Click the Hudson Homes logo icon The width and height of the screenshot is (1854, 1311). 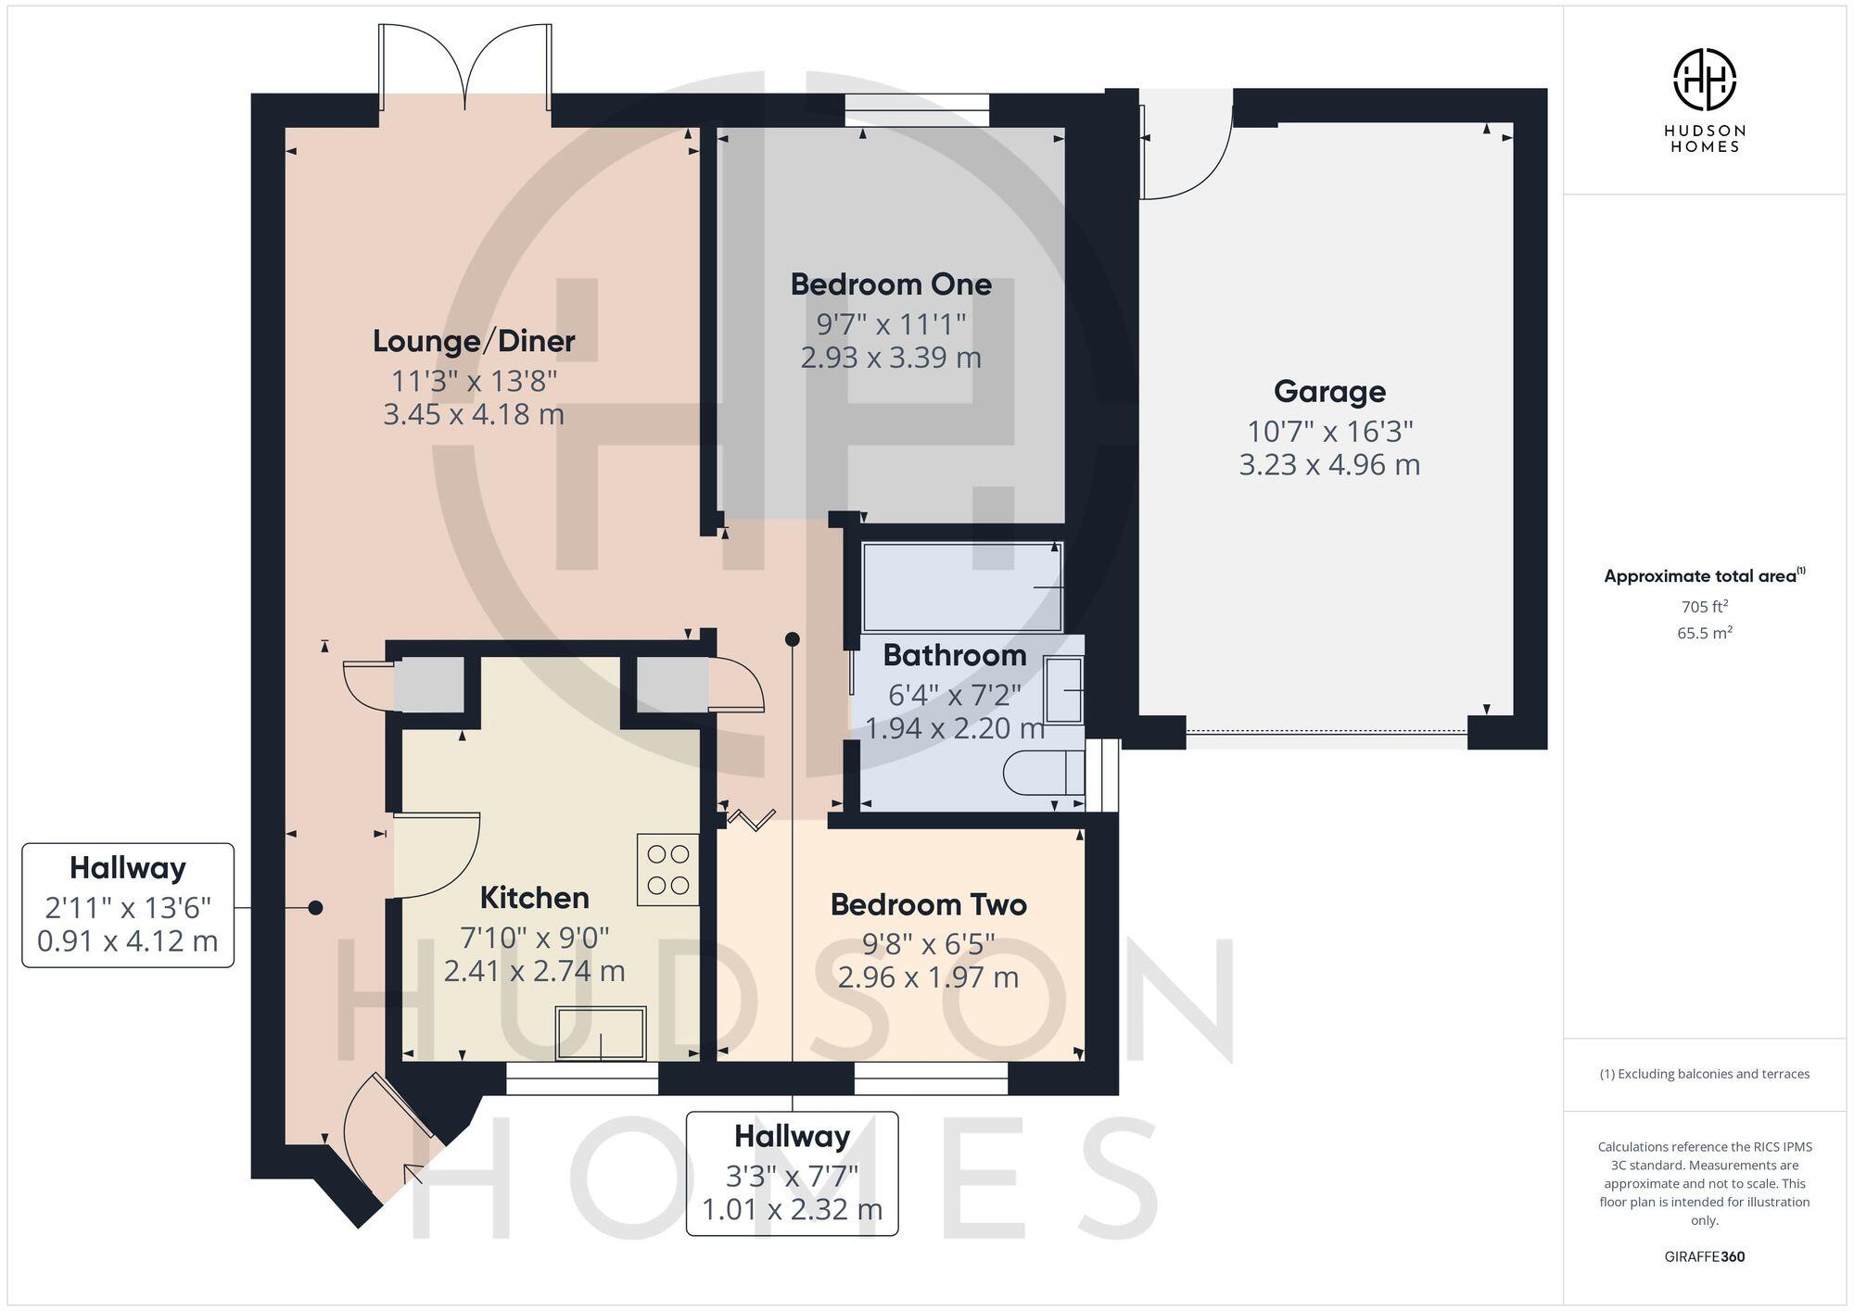(x=1704, y=81)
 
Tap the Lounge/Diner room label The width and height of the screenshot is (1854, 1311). (x=474, y=341)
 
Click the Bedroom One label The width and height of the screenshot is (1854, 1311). (x=891, y=284)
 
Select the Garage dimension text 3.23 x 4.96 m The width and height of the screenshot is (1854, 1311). (x=1329, y=464)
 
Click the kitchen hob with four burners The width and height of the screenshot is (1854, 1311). (x=668, y=869)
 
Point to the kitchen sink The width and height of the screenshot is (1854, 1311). (x=601, y=1034)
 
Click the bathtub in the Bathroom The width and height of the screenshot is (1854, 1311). (x=962, y=587)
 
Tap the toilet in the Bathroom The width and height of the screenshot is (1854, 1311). (x=1045, y=773)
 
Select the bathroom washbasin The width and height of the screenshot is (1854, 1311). (x=1063, y=690)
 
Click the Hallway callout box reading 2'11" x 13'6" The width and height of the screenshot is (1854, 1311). (x=128, y=905)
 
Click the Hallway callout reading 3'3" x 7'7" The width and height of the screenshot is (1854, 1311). (x=792, y=1173)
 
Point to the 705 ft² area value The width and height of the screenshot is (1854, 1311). (x=1704, y=608)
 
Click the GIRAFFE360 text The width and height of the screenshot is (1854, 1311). (x=1704, y=1257)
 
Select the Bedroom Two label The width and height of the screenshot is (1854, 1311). (x=928, y=904)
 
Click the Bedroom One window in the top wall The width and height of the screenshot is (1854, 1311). (x=917, y=110)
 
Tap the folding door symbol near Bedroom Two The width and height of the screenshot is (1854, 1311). (x=751, y=818)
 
